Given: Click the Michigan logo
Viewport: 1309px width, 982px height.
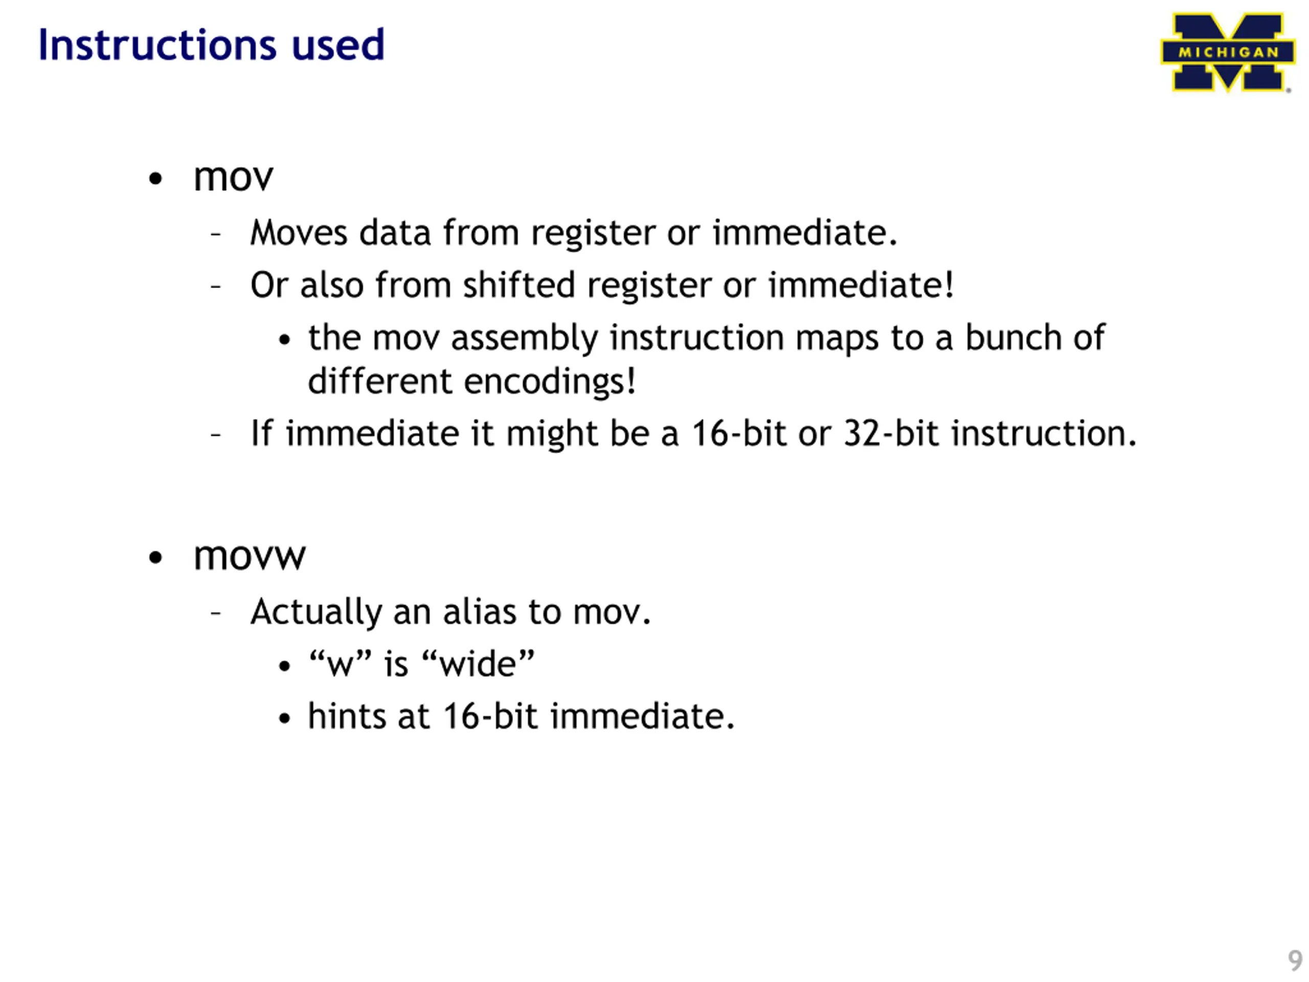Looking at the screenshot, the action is (x=1227, y=52).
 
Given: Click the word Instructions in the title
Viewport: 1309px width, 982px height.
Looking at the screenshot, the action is (x=157, y=45).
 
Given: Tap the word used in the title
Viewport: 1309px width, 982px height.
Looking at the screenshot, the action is (x=338, y=45).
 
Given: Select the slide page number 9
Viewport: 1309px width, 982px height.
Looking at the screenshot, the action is (x=1295, y=960).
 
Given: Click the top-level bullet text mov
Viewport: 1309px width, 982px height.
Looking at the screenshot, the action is (x=233, y=177).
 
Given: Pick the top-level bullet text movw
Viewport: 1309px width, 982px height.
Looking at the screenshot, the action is (x=249, y=556).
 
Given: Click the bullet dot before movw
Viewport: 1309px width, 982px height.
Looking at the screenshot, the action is (x=155, y=557).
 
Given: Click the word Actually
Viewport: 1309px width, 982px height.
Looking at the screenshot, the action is (x=315, y=612).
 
